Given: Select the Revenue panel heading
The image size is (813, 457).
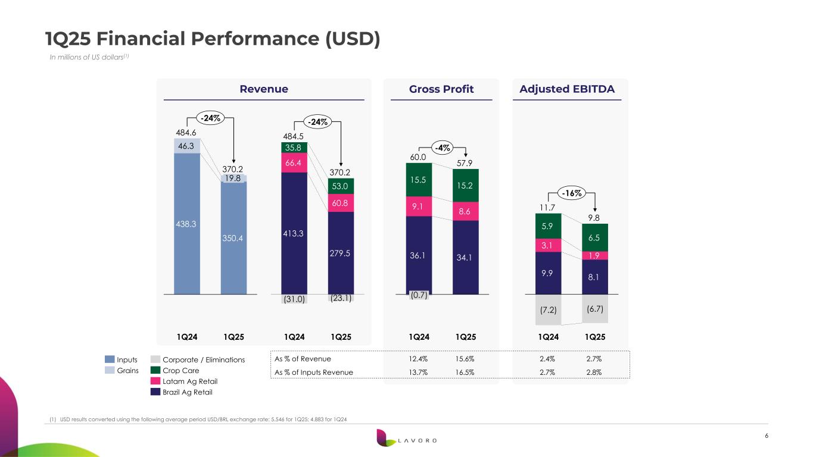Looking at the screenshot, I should click(x=263, y=89).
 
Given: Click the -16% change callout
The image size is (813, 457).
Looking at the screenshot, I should click(x=572, y=193).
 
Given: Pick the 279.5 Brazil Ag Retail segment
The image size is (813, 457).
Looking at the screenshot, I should click(x=340, y=253).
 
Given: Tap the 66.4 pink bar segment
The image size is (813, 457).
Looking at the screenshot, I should click(x=294, y=162).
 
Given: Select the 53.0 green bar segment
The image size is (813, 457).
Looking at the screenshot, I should click(x=340, y=186).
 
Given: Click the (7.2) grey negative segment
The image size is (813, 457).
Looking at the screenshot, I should click(x=547, y=309).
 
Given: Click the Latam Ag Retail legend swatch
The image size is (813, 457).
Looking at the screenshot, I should click(x=155, y=381).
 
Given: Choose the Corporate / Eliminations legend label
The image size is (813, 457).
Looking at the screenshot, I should click(x=203, y=360).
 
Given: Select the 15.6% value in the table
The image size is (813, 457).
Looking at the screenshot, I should click(x=465, y=359).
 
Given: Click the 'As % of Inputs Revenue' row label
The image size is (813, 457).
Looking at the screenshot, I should click(x=313, y=373).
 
